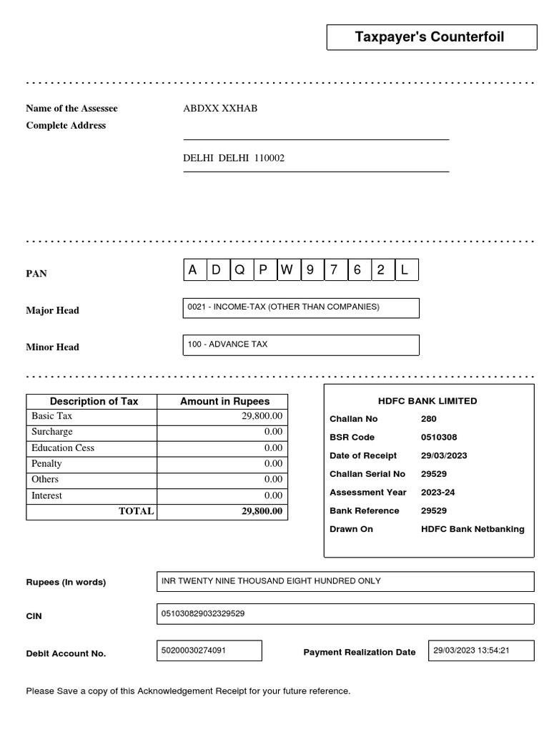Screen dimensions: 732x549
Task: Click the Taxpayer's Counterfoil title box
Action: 431,37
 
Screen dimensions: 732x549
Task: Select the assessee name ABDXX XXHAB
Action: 220,109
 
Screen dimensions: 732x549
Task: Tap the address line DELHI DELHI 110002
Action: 234,158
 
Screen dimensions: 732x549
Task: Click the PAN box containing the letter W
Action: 287,270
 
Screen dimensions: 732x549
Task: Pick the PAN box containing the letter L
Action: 405,270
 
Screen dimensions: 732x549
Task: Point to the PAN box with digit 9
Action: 311,270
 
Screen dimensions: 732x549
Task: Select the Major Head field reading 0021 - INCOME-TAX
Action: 301,307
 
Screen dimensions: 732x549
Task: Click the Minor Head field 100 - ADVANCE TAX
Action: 301,345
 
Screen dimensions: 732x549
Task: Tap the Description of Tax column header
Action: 94,401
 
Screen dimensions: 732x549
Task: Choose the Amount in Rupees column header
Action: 222,401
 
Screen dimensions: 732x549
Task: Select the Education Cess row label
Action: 63,448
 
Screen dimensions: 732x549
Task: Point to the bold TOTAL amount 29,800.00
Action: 262,511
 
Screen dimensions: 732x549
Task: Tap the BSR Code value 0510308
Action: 439,437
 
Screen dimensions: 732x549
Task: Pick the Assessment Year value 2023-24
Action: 439,493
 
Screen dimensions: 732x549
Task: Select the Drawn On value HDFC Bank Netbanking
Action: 473,529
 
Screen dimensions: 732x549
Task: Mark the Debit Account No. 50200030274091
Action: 194,651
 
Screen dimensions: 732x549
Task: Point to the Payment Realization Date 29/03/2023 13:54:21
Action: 471,651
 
